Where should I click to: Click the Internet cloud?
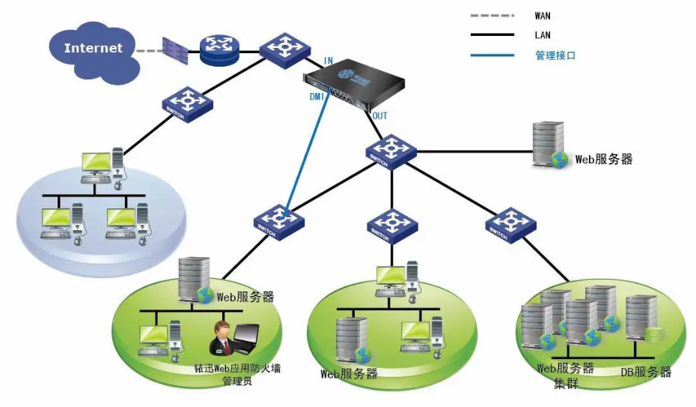coord(93,49)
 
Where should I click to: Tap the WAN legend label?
coord(543,15)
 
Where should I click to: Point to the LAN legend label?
coord(543,35)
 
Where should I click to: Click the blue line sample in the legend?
coord(492,55)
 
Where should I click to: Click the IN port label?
coord(329,60)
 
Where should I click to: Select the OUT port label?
coord(380,116)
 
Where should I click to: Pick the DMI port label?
coord(315,97)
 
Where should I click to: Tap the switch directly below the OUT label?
coord(390,151)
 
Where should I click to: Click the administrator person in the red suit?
coord(222,338)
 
